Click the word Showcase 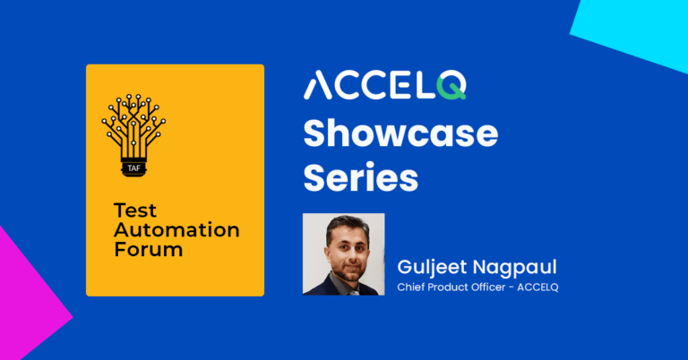(400, 133)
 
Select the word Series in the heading (360, 177)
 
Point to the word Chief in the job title (412, 287)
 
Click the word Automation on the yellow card (176, 230)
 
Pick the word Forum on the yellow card (148, 249)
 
